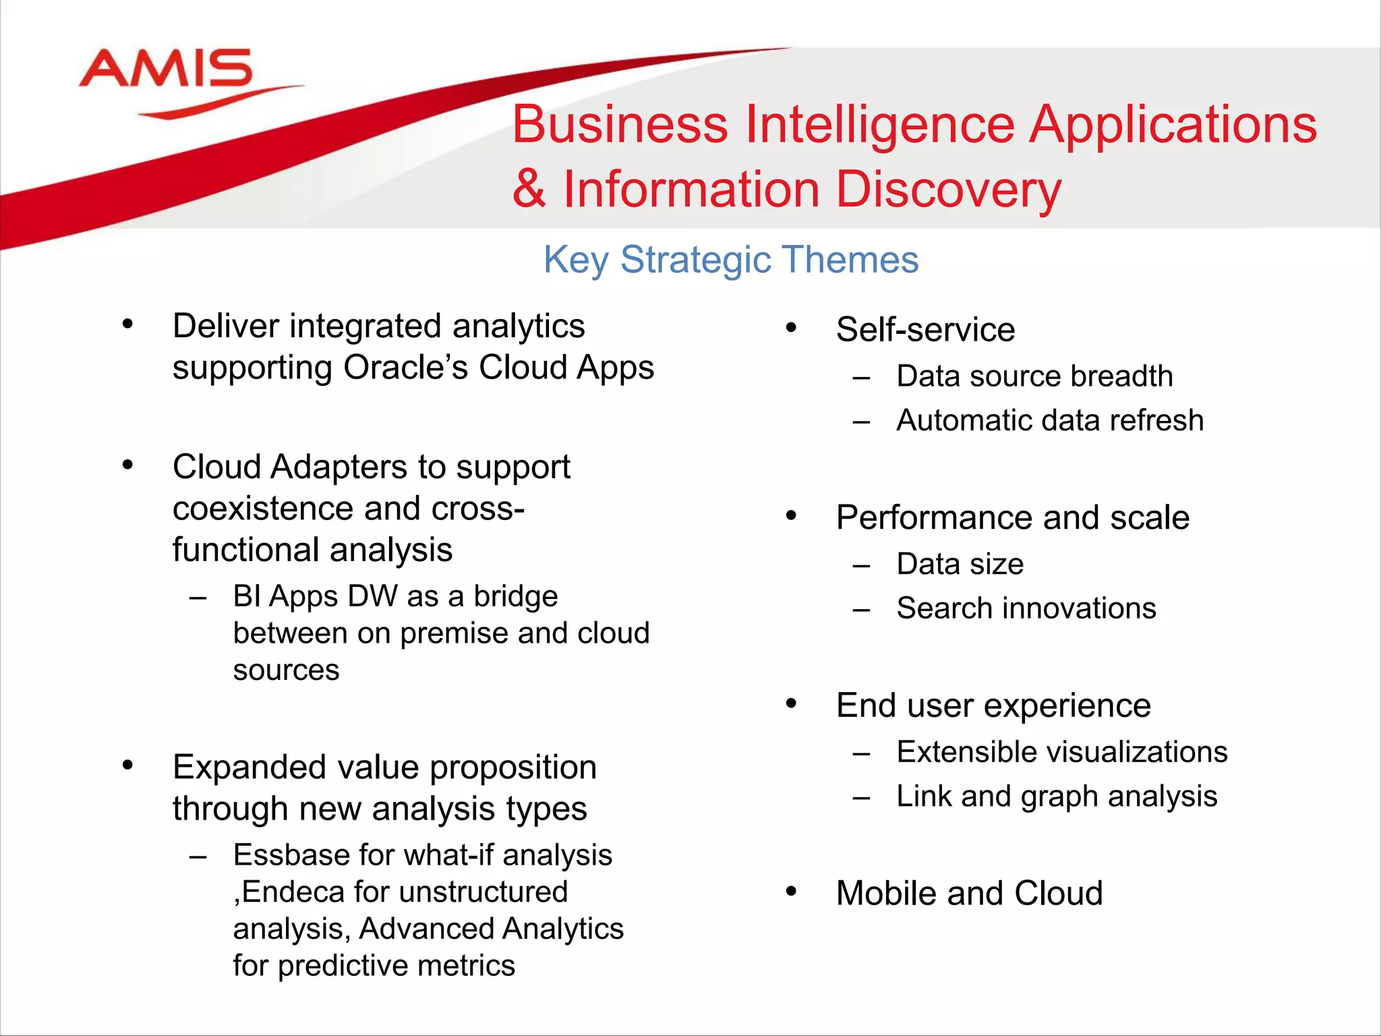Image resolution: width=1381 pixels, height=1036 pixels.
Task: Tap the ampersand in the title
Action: tap(529, 190)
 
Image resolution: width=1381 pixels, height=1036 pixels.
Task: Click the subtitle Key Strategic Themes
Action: tap(731, 260)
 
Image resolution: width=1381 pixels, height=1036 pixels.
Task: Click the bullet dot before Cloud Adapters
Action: tap(127, 465)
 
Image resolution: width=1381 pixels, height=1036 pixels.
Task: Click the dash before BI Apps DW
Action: tap(198, 598)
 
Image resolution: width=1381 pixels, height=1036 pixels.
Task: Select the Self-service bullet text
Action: tap(925, 330)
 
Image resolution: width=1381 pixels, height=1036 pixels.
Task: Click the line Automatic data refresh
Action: tap(1050, 421)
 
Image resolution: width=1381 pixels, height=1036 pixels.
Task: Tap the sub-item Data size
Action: tap(960, 565)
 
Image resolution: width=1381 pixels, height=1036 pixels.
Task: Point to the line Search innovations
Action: tap(1026, 608)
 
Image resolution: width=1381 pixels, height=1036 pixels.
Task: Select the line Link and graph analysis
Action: tap(1057, 797)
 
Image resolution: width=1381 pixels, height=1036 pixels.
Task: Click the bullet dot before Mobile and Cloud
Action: tap(791, 891)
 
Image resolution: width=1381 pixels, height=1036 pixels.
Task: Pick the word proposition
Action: tap(512, 768)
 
